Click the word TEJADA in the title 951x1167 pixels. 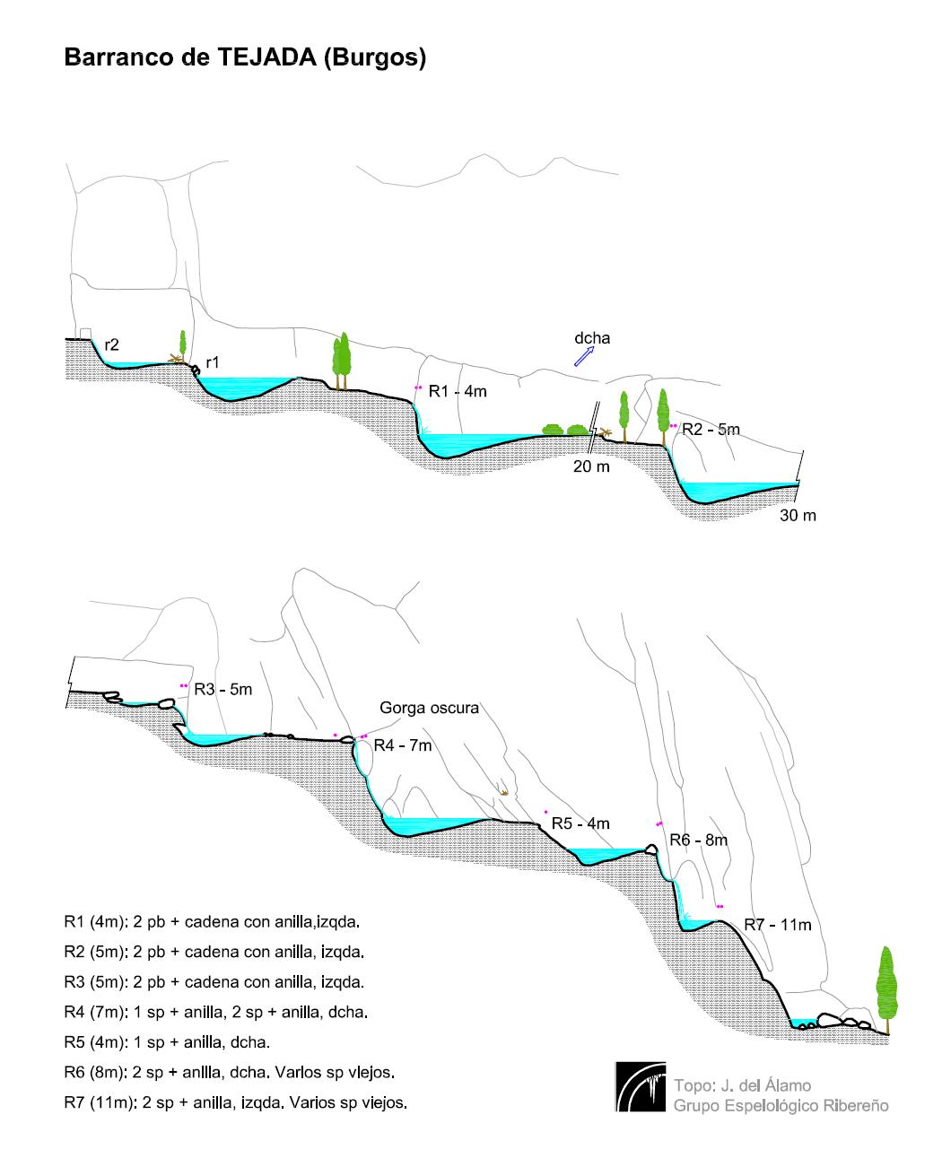point(267,57)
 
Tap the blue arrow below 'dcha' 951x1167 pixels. point(584,356)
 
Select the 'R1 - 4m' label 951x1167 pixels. point(458,391)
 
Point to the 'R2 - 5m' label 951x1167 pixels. point(711,429)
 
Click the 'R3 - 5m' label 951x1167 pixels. point(223,689)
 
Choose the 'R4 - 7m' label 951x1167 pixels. point(403,745)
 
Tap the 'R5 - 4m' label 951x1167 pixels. point(580,823)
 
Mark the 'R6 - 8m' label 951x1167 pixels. point(699,840)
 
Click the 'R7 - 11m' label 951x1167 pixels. point(777,925)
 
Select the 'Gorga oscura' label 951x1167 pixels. point(430,709)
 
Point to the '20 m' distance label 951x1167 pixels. point(591,466)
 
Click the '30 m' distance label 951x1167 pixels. point(798,515)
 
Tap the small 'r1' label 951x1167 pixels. point(213,362)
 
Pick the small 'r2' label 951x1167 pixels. point(112,344)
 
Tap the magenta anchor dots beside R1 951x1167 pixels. point(418,388)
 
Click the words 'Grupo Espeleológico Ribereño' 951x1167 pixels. point(781,1106)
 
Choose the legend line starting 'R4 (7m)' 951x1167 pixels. point(216,1012)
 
